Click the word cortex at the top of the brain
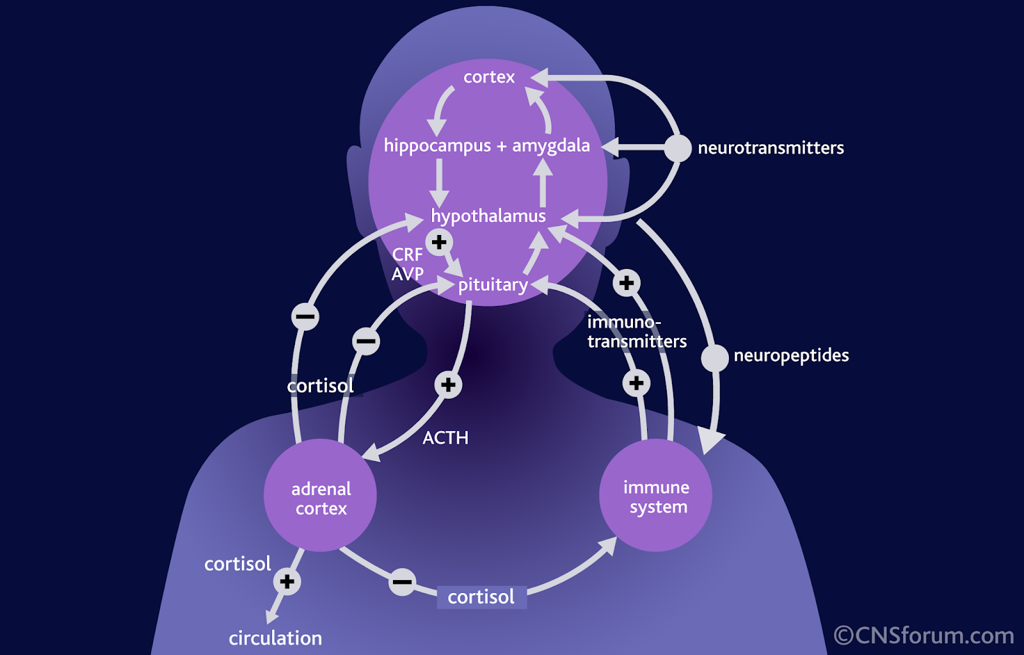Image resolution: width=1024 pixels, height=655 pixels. (x=489, y=77)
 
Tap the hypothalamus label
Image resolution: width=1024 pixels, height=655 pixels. (x=488, y=216)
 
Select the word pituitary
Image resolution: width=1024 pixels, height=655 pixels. (x=493, y=285)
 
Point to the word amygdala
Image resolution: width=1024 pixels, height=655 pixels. (x=551, y=146)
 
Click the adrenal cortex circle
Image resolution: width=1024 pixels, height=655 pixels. (x=320, y=495)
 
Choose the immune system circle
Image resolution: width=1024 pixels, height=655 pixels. (x=655, y=495)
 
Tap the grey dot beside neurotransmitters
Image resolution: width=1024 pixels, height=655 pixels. (x=678, y=149)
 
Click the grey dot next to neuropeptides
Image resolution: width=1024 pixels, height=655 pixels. (x=715, y=358)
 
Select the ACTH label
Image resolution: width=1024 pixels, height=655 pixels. (x=445, y=438)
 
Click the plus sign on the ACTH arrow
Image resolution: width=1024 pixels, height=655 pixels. (x=448, y=385)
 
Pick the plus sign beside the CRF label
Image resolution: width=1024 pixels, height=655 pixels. (x=439, y=243)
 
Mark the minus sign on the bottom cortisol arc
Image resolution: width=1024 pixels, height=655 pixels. (x=403, y=582)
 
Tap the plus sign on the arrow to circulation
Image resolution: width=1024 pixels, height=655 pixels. (x=287, y=581)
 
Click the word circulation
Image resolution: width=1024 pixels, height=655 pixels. (x=275, y=638)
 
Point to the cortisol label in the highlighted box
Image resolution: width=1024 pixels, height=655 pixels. (x=481, y=597)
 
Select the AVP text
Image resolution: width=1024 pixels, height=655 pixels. (x=408, y=274)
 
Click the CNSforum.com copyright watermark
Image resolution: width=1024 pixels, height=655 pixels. (x=924, y=636)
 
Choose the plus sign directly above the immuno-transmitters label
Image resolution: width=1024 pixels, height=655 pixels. (x=627, y=283)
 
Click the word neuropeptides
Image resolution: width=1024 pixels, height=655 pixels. (x=791, y=356)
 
